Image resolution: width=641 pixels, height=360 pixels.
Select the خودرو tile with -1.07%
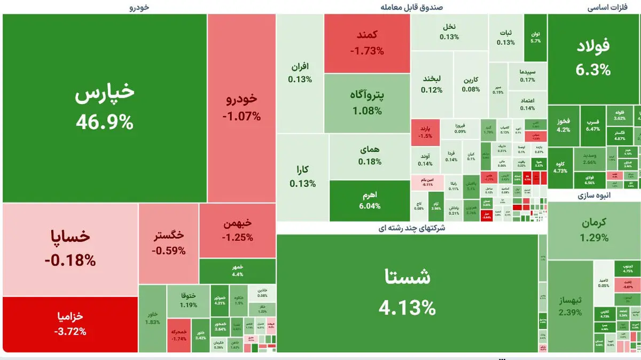[241, 107]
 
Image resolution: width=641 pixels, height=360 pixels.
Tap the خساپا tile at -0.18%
[71, 249]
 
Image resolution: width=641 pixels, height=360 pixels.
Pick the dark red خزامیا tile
[70, 324]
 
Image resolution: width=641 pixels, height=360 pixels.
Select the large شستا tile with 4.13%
[407, 293]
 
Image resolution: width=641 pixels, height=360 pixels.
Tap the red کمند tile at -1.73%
[366, 43]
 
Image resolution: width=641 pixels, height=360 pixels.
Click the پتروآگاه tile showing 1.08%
[366, 103]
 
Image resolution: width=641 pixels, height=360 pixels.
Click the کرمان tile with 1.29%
[594, 230]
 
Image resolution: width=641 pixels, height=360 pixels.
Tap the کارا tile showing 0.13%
[302, 176]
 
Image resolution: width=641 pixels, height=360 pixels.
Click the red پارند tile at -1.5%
[425, 132]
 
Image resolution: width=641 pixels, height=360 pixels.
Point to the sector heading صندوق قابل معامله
[411, 7]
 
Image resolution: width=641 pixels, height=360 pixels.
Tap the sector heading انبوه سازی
[593, 195]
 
